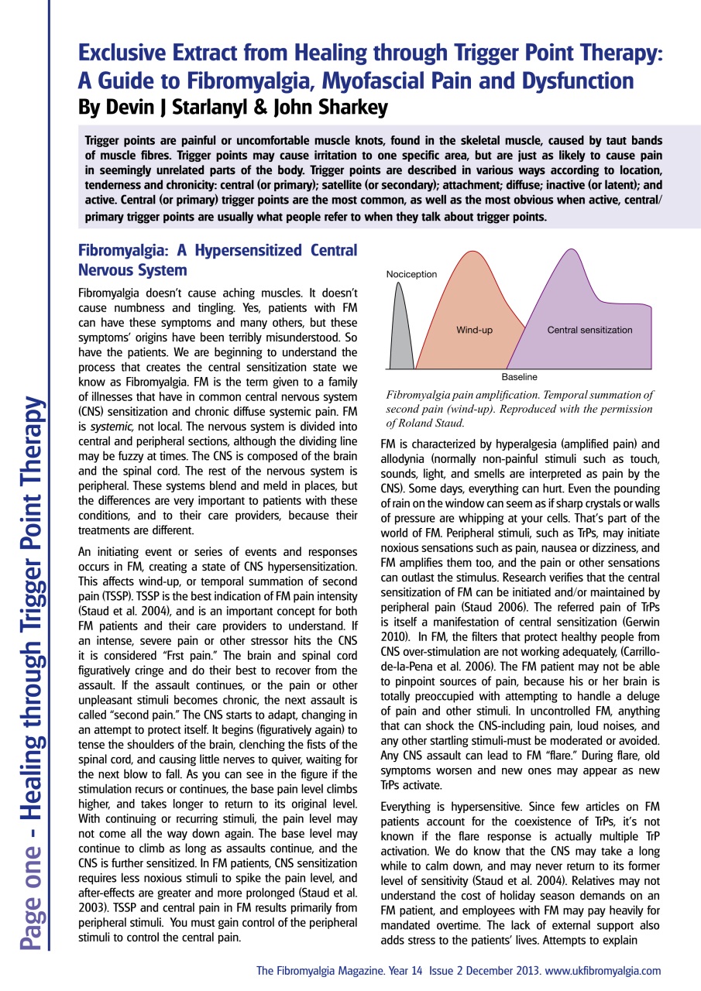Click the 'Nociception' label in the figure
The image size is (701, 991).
[x=411, y=274]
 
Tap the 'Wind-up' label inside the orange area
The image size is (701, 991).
[x=474, y=331]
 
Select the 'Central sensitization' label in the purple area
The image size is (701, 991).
[x=589, y=331]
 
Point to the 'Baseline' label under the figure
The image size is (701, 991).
[x=519, y=377]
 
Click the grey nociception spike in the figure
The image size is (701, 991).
[x=400, y=333]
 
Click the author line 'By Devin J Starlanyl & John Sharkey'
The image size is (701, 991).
[x=233, y=108]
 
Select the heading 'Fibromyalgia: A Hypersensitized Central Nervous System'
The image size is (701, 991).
[x=218, y=261]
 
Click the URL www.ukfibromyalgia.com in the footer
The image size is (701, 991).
[x=603, y=970]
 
